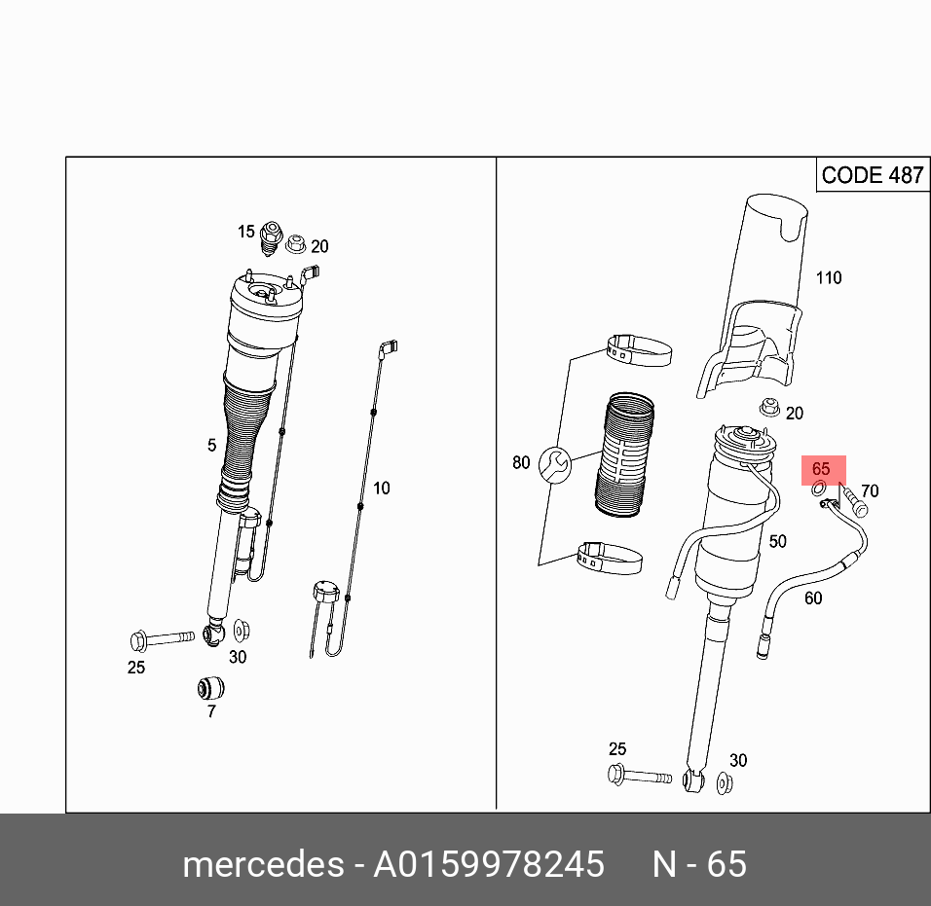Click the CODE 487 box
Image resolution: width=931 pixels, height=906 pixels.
coord(871,175)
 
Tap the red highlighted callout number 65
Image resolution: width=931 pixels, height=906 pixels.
coord(821,469)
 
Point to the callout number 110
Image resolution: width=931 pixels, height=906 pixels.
coord(828,278)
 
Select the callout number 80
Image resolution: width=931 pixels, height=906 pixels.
coord(521,462)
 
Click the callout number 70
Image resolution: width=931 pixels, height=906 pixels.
coord(870,491)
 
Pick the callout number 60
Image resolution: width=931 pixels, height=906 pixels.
coord(812,598)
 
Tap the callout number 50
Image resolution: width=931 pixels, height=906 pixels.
coord(777,542)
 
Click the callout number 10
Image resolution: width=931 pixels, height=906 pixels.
coord(381,488)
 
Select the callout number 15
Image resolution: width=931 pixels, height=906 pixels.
coord(246,232)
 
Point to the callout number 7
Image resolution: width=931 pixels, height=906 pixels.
coord(211,711)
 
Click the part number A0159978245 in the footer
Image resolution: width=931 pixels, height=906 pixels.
coord(489,864)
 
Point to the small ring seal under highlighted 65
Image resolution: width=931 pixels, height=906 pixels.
coord(820,487)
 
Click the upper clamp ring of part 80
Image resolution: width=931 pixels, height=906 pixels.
coord(640,347)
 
